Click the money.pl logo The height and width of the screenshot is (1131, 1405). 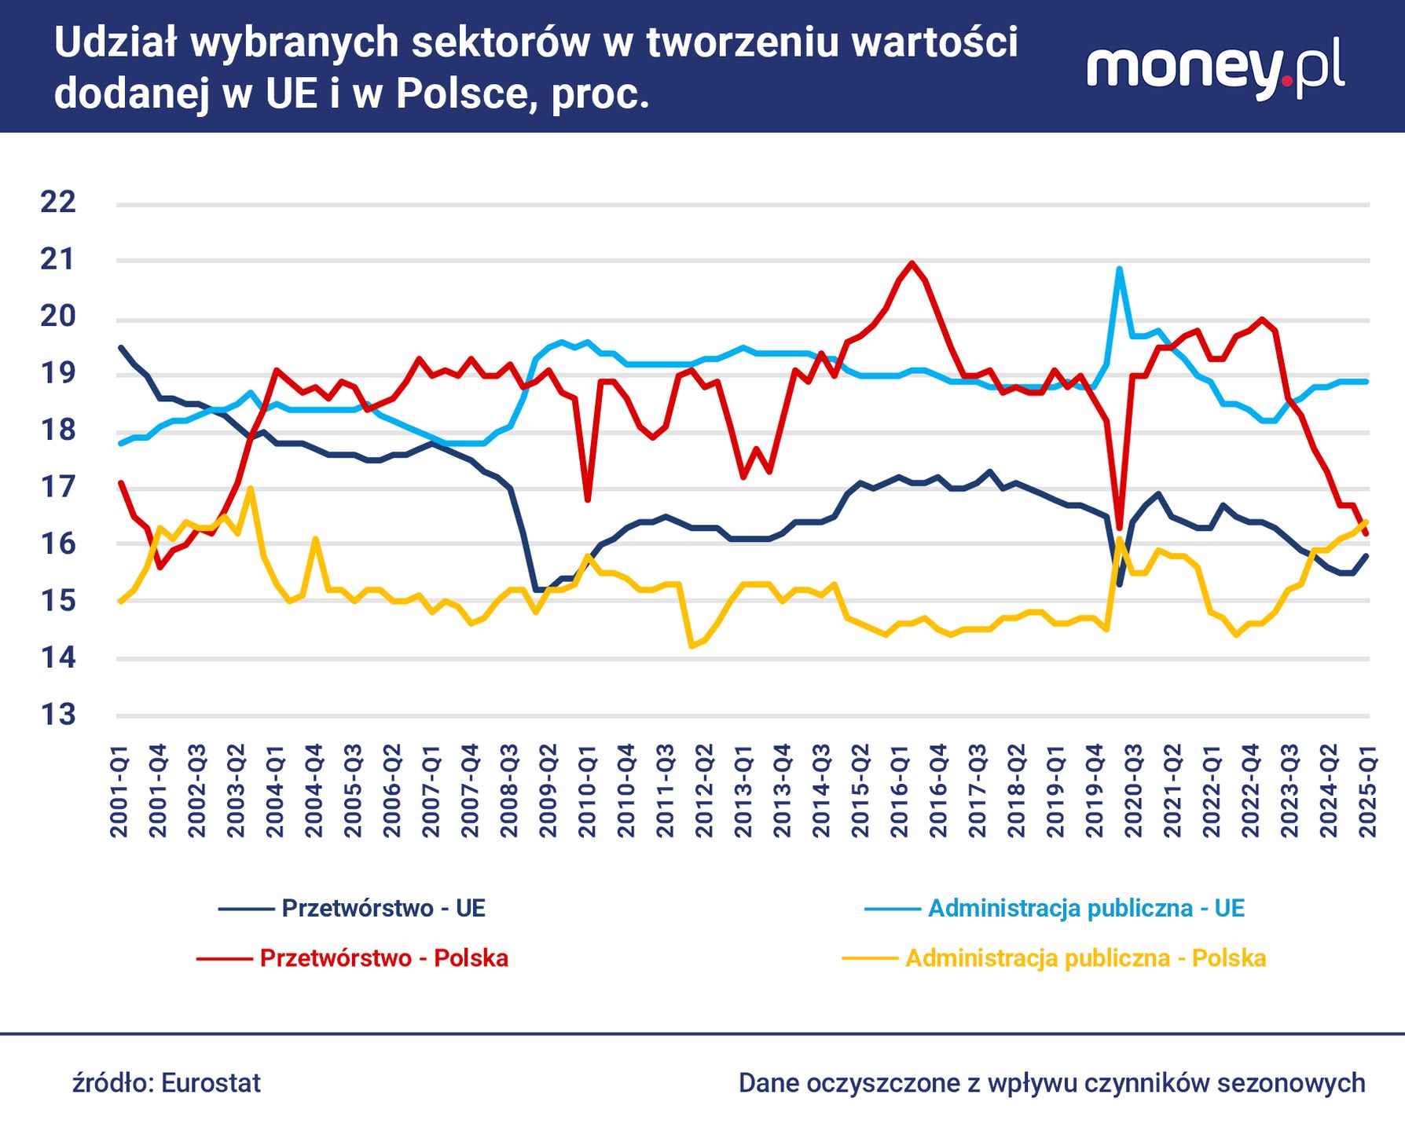1215,71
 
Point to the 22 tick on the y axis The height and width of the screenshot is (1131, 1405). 58,203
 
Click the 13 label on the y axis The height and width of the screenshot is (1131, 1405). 58,716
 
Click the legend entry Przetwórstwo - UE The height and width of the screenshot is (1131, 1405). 383,909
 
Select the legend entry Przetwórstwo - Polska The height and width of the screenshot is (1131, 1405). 383,958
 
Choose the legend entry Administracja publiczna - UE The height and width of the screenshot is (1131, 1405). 1086,909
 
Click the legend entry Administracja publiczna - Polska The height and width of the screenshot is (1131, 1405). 1085,958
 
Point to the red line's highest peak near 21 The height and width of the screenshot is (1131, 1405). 912,263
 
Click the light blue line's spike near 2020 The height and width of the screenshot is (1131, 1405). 1119,269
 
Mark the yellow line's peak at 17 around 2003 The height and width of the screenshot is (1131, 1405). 250,489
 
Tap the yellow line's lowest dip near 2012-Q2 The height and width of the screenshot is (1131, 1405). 691,646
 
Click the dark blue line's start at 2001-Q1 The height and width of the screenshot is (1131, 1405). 120,347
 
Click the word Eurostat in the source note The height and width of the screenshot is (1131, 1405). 211,1083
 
